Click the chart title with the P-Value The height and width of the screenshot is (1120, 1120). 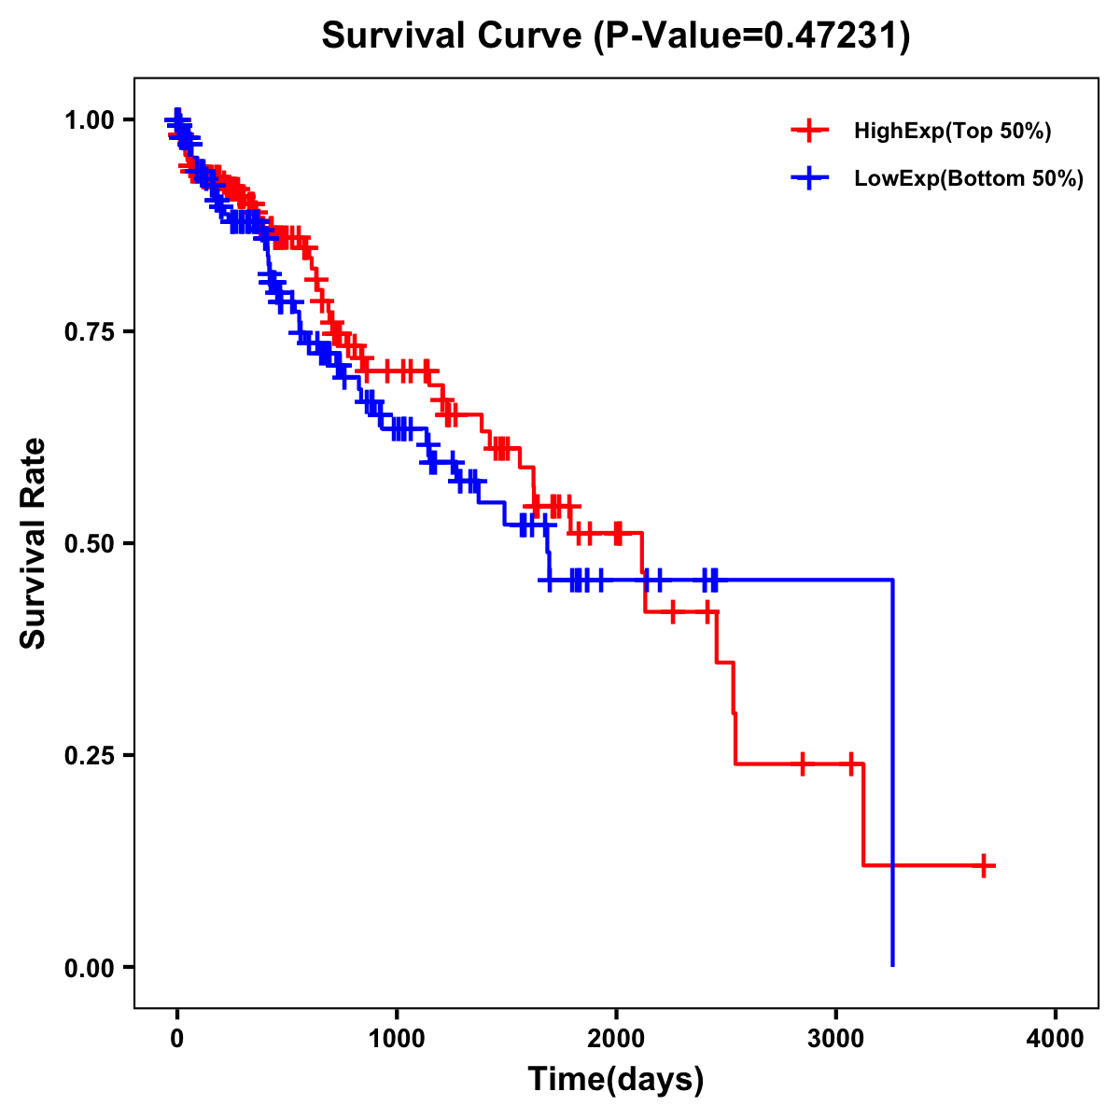click(x=615, y=36)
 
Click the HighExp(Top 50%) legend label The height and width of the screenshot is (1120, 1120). click(x=952, y=132)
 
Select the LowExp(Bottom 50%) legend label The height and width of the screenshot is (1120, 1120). click(x=968, y=179)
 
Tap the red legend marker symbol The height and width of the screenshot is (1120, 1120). click(x=809, y=132)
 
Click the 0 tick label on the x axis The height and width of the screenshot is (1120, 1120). click(x=177, y=1039)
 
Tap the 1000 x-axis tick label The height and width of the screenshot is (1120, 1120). click(x=397, y=1039)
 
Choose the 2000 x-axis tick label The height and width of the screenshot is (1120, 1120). click(x=616, y=1039)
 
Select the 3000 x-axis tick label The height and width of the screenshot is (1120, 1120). click(x=836, y=1039)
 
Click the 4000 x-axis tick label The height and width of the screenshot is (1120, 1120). click(x=1056, y=1039)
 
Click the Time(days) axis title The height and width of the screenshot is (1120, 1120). click(x=616, y=1080)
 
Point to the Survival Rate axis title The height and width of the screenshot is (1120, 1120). click(x=34, y=543)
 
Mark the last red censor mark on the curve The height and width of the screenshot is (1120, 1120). click(x=984, y=865)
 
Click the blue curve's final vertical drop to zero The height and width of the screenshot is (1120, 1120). click(x=893, y=775)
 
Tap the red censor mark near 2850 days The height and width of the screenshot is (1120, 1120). click(x=802, y=763)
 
